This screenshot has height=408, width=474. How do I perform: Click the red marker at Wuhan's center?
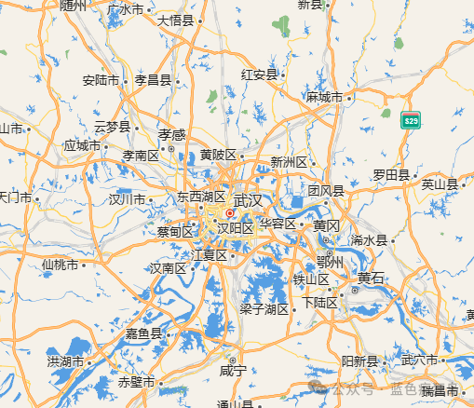click(x=229, y=212)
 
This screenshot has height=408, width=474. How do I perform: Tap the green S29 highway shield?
click(x=411, y=120)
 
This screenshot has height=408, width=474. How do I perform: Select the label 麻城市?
click(x=324, y=97)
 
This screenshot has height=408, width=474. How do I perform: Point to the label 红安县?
click(x=260, y=75)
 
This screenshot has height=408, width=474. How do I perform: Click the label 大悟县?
click(x=175, y=20)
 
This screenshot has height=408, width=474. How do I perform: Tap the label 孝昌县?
click(x=153, y=80)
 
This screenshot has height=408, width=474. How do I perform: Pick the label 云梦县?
click(x=113, y=126)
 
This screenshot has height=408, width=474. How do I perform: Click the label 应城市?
click(x=82, y=145)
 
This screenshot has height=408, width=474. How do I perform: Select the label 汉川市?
click(x=127, y=198)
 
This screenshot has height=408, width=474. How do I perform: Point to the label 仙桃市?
click(x=61, y=264)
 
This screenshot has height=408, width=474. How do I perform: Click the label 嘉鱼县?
click(x=144, y=333)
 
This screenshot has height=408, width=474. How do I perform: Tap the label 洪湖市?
click(x=66, y=360)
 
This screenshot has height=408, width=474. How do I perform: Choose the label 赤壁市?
click(x=136, y=382)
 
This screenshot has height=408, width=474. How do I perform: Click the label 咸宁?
click(x=232, y=371)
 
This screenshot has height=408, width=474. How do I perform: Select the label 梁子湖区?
click(x=264, y=308)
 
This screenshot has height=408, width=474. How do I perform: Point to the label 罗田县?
click(x=391, y=174)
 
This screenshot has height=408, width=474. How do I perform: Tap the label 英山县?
click(x=440, y=184)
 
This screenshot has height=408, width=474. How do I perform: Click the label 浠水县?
click(x=368, y=240)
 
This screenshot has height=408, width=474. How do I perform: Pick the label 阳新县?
click(x=359, y=360)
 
